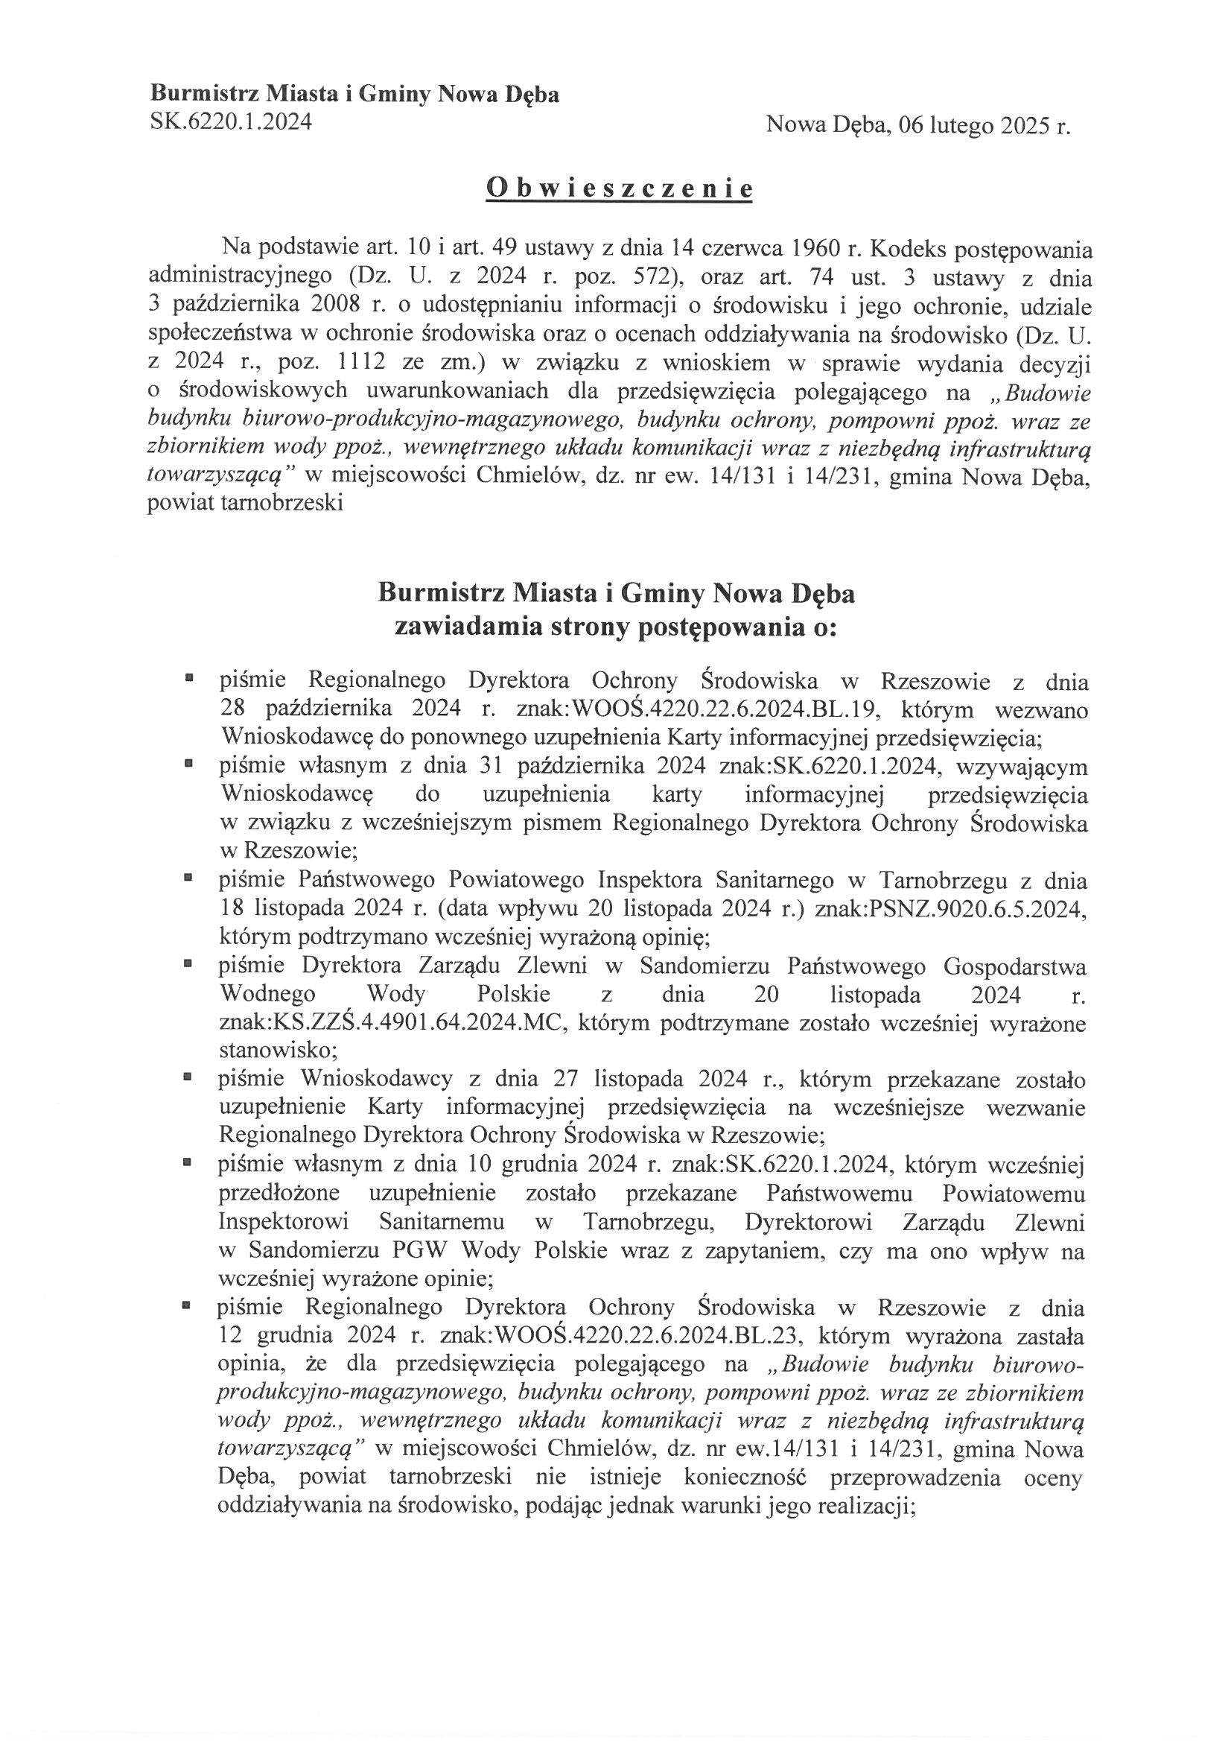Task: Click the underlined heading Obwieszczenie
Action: pyautogui.click(x=619, y=189)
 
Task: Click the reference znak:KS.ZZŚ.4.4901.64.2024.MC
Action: pyautogui.click(x=391, y=1024)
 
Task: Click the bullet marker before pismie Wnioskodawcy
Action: pyautogui.click(x=188, y=1076)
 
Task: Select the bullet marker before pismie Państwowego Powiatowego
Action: pyautogui.click(x=188, y=877)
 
